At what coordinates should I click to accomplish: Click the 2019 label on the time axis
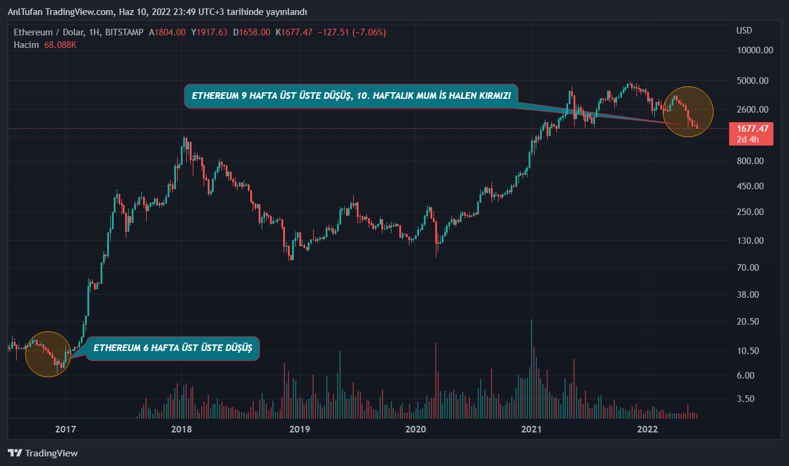(298, 429)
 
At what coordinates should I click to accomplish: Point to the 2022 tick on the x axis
(648, 429)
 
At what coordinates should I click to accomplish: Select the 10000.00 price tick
(755, 50)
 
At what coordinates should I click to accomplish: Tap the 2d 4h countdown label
(748, 140)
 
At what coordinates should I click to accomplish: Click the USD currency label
(744, 31)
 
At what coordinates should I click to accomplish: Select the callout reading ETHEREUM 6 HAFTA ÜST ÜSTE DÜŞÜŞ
(173, 348)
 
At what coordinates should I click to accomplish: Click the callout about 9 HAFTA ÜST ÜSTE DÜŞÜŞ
(351, 96)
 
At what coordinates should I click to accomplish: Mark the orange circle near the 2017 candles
(48, 354)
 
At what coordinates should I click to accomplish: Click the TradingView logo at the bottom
(43, 453)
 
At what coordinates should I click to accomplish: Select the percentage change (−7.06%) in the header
(365, 32)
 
